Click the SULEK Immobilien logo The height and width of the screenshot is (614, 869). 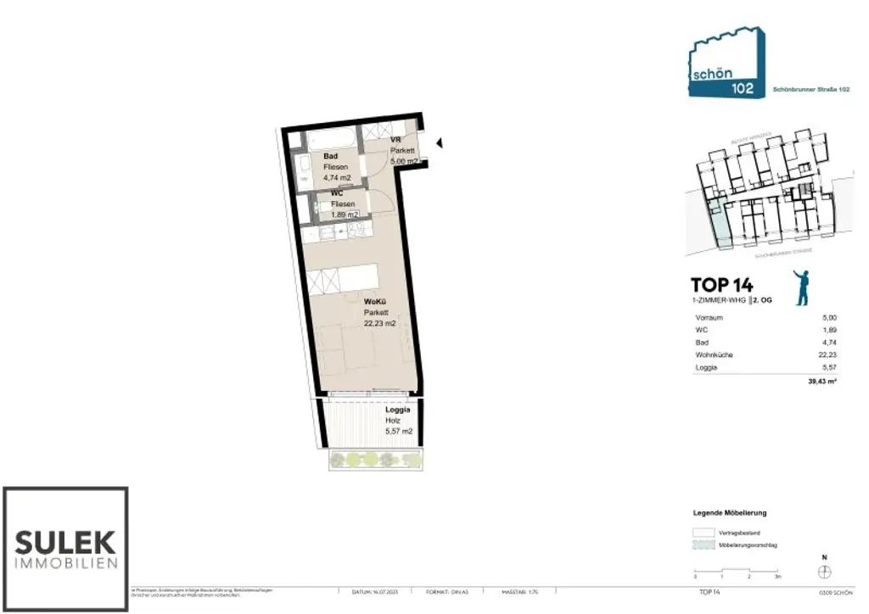point(65,549)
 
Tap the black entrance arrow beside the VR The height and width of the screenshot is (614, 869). point(440,144)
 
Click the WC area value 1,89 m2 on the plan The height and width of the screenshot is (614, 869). point(345,215)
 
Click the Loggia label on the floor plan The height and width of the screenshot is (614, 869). point(398,409)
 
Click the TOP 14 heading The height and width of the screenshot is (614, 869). point(721,285)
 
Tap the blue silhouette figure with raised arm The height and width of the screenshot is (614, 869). point(801,287)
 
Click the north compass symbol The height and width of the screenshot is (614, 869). point(824,573)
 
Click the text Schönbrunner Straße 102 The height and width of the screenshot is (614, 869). point(811,89)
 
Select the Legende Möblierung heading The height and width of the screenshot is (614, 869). point(730,513)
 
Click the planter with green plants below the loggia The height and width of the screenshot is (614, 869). point(375,460)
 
